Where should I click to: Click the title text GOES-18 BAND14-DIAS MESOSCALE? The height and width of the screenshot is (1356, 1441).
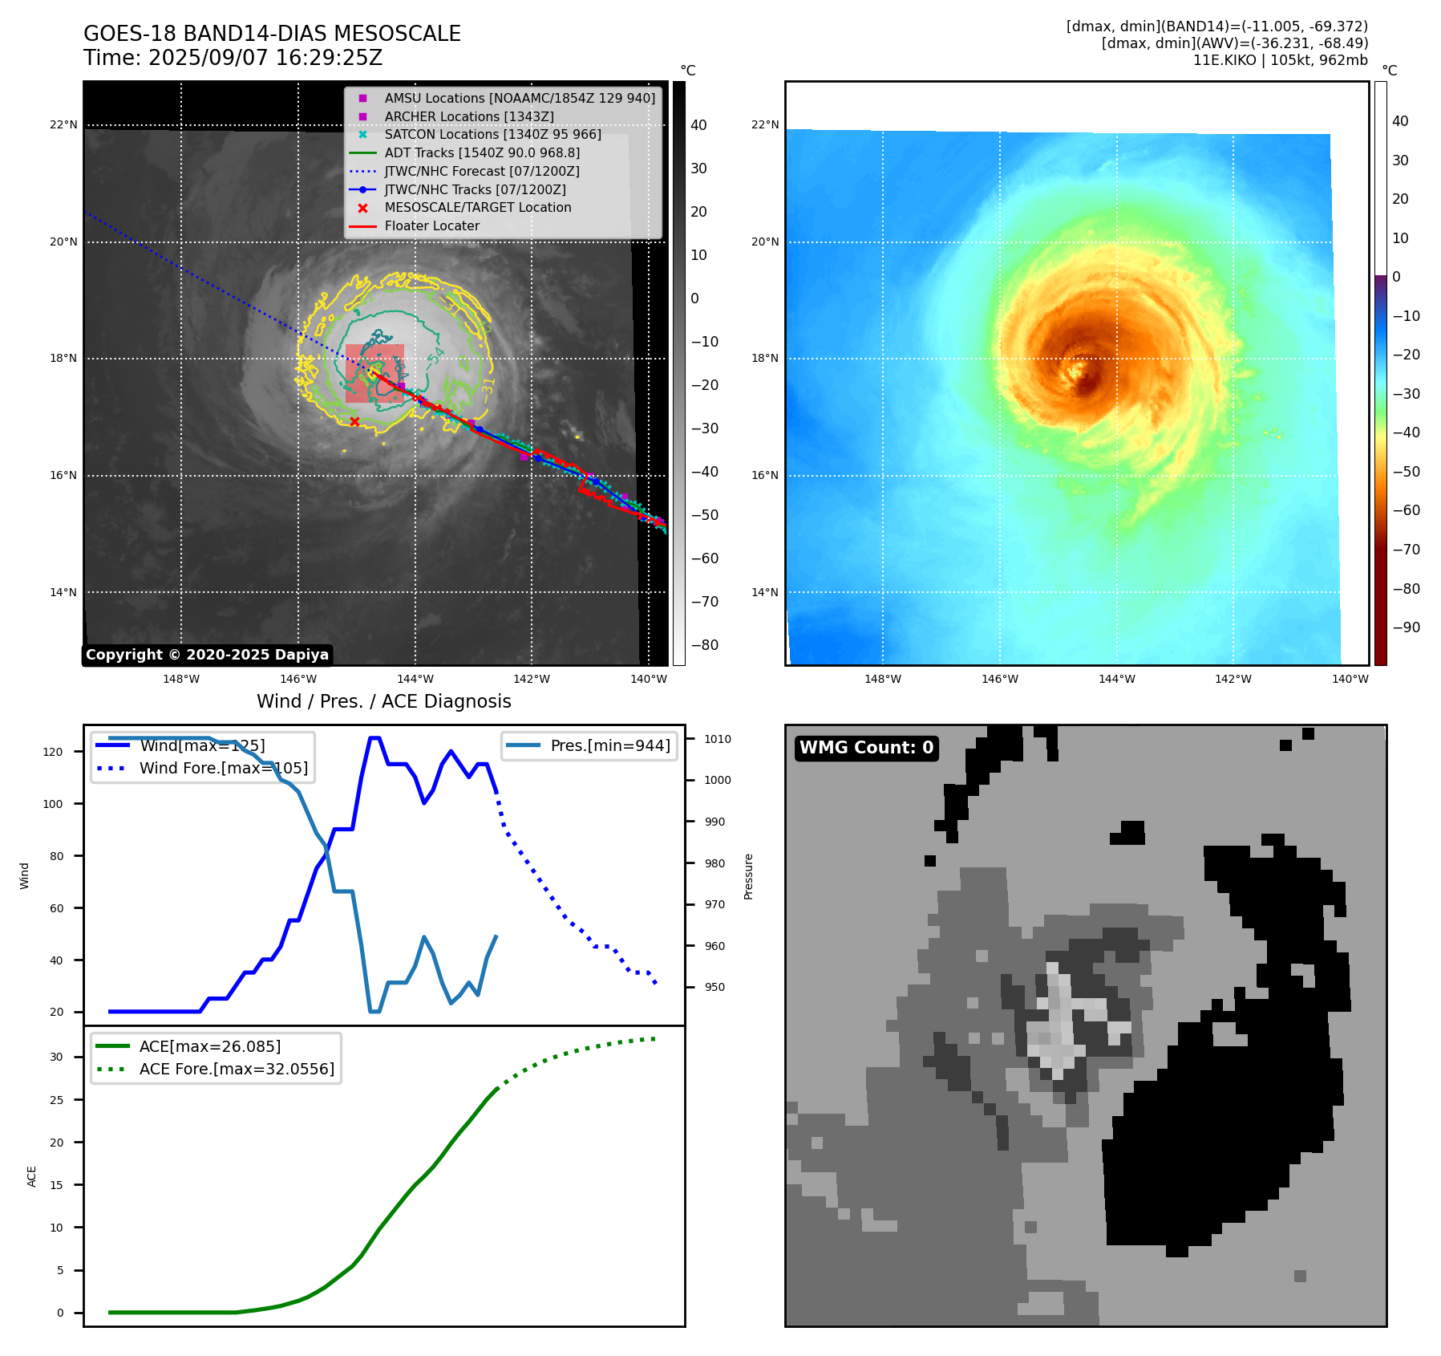(x=272, y=34)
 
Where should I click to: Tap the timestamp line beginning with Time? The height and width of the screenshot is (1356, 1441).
(x=233, y=59)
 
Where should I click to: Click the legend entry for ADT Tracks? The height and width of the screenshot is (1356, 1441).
(x=481, y=152)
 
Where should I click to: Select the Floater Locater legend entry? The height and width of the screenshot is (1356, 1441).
(x=431, y=226)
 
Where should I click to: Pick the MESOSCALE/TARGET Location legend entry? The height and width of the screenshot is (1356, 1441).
(x=477, y=208)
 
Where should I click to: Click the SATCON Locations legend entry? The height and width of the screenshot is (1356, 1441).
(x=492, y=135)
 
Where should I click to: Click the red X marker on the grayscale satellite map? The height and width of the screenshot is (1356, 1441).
(x=354, y=421)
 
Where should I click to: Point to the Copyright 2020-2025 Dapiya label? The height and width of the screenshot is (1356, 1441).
(x=207, y=655)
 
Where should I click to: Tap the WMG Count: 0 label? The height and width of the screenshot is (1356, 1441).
(x=866, y=748)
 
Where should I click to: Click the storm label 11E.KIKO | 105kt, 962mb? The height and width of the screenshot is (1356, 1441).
(x=1280, y=60)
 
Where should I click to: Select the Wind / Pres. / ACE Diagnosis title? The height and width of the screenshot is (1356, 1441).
(x=383, y=701)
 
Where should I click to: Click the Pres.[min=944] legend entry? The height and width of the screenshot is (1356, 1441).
(x=609, y=745)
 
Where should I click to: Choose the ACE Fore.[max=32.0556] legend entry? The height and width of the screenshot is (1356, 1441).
(x=236, y=1069)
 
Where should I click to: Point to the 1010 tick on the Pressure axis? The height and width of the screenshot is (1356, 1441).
(x=718, y=739)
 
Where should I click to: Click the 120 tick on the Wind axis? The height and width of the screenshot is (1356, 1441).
(x=53, y=752)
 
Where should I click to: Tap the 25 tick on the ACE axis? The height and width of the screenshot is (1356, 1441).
(x=56, y=1100)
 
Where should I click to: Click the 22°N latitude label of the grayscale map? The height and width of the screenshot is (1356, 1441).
(x=63, y=125)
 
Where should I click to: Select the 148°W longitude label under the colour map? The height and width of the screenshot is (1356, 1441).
(x=882, y=679)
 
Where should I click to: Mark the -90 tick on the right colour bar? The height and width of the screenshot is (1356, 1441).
(x=1405, y=627)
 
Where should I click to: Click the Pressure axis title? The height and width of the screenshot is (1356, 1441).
(x=748, y=876)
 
